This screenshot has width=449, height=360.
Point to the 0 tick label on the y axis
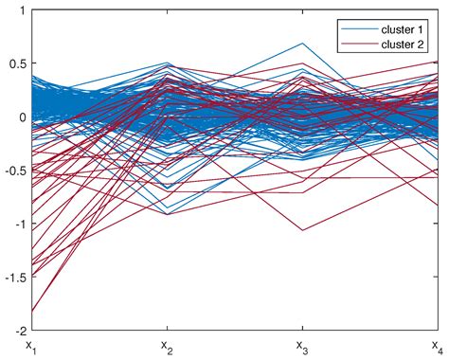pyautogui.click(x=21, y=117)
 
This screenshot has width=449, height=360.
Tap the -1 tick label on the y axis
pyautogui.click(x=19, y=225)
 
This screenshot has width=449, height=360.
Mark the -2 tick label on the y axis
pyautogui.click(x=19, y=332)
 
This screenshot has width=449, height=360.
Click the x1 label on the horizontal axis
pyautogui.click(x=30, y=346)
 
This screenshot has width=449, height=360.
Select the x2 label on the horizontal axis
pyautogui.click(x=166, y=346)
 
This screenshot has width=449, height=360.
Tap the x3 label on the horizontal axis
pyautogui.click(x=301, y=346)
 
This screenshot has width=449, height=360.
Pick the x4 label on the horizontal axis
pyautogui.click(x=436, y=346)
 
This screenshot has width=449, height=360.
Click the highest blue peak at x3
pyautogui.click(x=301, y=44)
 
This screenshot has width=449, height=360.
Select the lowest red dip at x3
pyautogui.click(x=301, y=230)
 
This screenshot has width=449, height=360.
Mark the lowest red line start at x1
pyautogui.click(x=30, y=312)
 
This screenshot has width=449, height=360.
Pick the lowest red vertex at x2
pyautogui.click(x=166, y=214)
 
